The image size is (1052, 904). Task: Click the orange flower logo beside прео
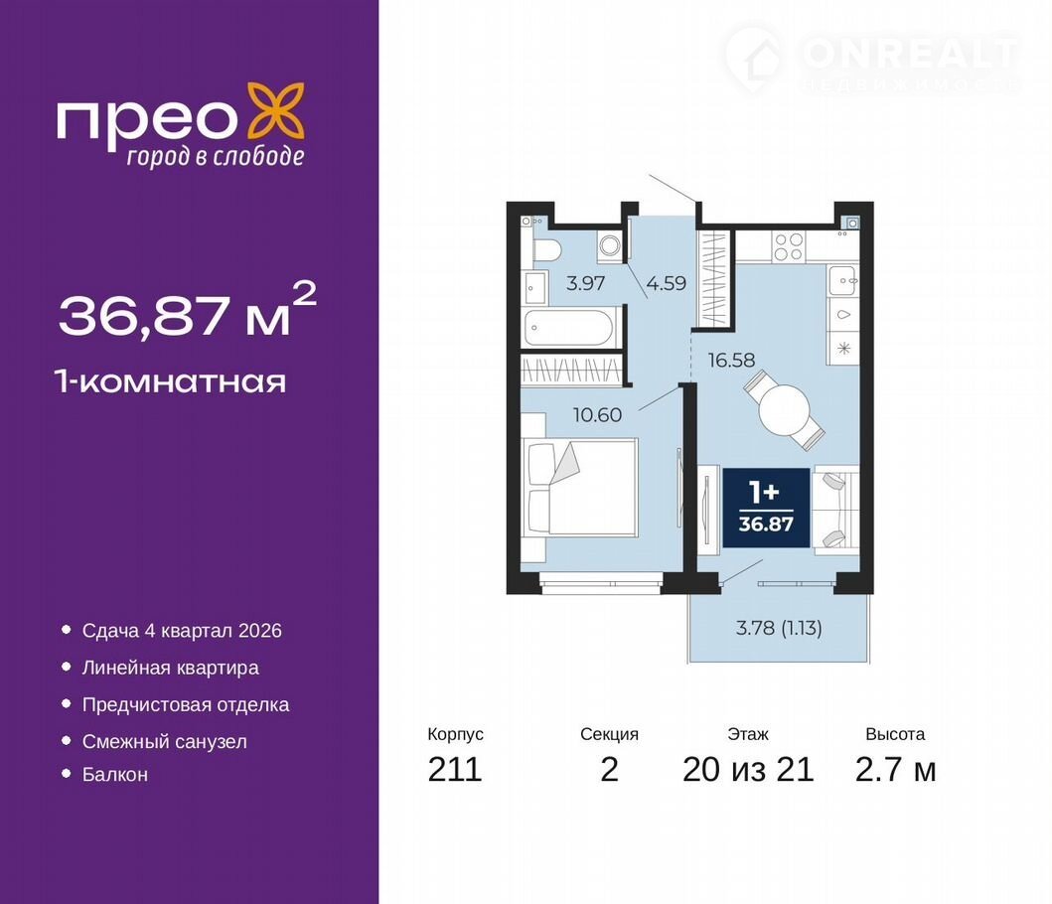(276, 112)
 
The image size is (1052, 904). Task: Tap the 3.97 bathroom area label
(586, 283)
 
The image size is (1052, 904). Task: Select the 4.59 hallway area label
(667, 283)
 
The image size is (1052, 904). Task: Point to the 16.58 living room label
(731, 361)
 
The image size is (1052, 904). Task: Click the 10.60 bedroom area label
(597, 415)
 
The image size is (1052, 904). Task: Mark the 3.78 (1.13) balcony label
(779, 628)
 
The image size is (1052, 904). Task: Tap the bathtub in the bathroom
(569, 328)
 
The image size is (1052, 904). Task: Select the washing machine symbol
(610, 245)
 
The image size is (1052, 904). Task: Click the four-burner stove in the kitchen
(787, 246)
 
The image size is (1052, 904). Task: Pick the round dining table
(785, 410)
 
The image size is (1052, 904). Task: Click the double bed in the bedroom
(580, 487)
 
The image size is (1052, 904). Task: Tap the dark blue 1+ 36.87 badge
(766, 508)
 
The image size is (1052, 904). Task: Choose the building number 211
(455, 769)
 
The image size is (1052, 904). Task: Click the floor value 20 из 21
(748, 769)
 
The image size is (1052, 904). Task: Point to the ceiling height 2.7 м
(895, 769)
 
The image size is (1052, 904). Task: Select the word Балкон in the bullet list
(114, 775)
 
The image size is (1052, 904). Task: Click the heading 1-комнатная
(172, 382)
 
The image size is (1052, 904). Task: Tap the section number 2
(609, 769)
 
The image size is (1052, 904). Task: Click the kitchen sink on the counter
(842, 280)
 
